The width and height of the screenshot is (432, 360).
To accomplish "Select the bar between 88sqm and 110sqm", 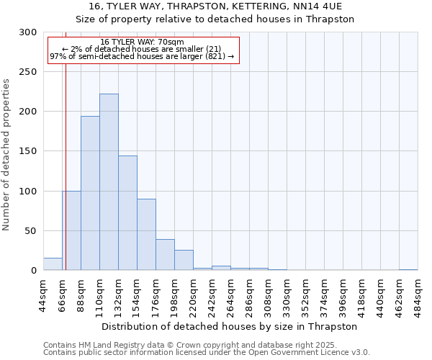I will pyautogui.click(x=90, y=193).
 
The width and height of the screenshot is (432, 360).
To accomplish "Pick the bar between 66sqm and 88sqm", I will pyautogui.click(x=71, y=230).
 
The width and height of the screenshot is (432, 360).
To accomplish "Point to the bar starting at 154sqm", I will pyautogui.click(x=146, y=235).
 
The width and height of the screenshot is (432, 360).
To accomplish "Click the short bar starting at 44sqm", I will pyautogui.click(x=53, y=264).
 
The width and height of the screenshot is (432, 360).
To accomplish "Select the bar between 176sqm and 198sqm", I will pyautogui.click(x=165, y=255).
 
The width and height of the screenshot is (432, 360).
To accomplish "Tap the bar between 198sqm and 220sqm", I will pyautogui.click(x=184, y=260).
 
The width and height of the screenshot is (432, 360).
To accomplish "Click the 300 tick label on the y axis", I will pyautogui.click(x=28, y=32).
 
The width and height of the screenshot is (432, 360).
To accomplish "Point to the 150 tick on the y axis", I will pyautogui.click(x=28, y=152).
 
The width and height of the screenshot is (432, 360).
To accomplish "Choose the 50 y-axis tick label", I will pyautogui.click(x=31, y=231).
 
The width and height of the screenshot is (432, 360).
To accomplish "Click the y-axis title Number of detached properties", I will pyautogui.click(x=6, y=155).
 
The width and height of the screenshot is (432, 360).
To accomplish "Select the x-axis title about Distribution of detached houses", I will pyautogui.click(x=230, y=326).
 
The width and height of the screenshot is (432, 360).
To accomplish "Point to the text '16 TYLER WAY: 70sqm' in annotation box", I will pyautogui.click(x=142, y=42).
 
